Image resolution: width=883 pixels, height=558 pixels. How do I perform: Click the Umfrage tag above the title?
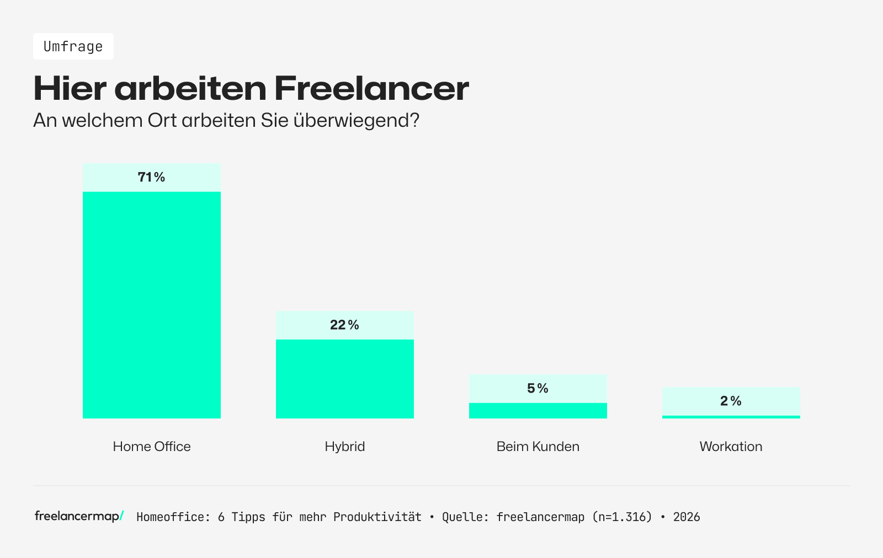(73, 46)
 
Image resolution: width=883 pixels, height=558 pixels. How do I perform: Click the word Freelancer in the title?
(371, 88)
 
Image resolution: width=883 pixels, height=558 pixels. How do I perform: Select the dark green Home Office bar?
(152, 305)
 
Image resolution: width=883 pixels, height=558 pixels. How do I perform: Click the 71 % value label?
(152, 177)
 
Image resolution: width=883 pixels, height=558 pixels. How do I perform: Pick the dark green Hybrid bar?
(345, 379)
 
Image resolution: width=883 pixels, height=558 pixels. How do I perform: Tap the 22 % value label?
(345, 325)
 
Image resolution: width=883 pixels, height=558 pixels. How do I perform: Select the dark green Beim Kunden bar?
(538, 411)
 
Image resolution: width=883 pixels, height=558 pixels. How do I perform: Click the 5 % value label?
(538, 388)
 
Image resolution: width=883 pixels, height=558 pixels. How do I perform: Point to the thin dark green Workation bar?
(731, 417)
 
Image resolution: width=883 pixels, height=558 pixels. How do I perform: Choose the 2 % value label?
(731, 401)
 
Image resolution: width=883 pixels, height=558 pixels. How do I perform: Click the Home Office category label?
(152, 446)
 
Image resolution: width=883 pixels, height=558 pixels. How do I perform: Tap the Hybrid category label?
(345, 446)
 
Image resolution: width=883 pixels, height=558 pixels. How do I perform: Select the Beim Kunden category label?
(538, 446)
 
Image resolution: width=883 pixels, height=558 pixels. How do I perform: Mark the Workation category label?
(731, 446)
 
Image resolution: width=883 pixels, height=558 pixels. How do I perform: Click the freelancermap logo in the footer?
(79, 516)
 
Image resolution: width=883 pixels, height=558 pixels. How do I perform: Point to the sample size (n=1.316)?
(622, 517)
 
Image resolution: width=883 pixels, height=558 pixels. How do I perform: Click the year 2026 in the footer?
(687, 517)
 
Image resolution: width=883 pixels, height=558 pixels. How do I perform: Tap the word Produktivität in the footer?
(377, 517)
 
